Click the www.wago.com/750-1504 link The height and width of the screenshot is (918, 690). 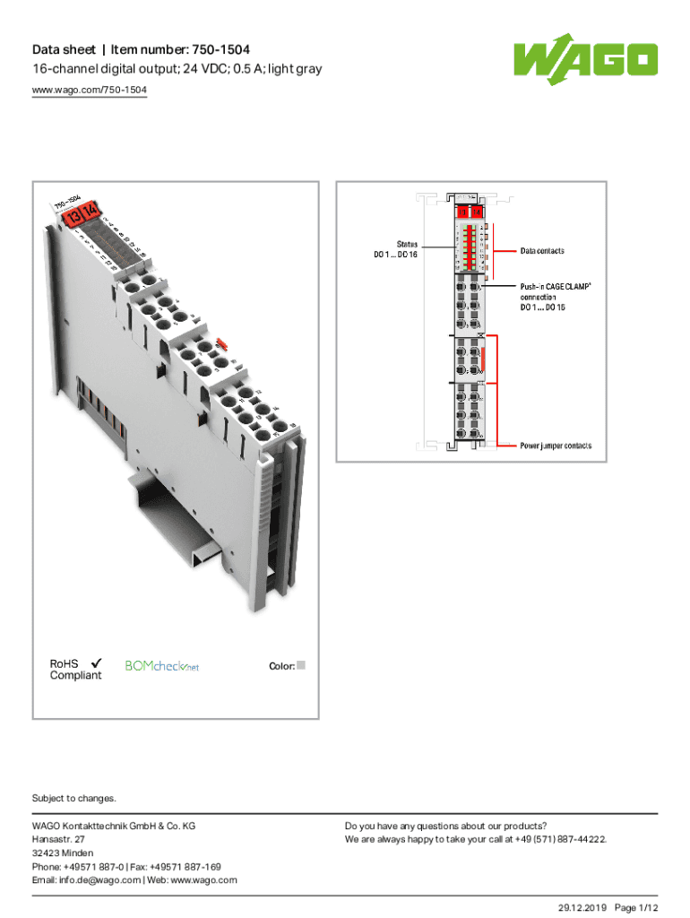(x=90, y=91)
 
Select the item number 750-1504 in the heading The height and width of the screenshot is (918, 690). (x=212, y=48)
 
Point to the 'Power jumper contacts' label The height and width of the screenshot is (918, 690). (x=556, y=446)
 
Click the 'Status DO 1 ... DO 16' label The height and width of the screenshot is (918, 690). (x=395, y=249)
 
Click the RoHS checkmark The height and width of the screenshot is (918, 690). (x=96, y=663)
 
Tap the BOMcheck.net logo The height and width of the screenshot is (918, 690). (x=161, y=666)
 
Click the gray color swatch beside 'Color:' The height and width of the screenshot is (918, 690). (x=301, y=665)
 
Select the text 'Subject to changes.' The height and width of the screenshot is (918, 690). (x=74, y=798)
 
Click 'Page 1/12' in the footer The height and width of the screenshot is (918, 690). (x=642, y=907)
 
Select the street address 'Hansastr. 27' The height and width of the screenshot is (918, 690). (x=59, y=839)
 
